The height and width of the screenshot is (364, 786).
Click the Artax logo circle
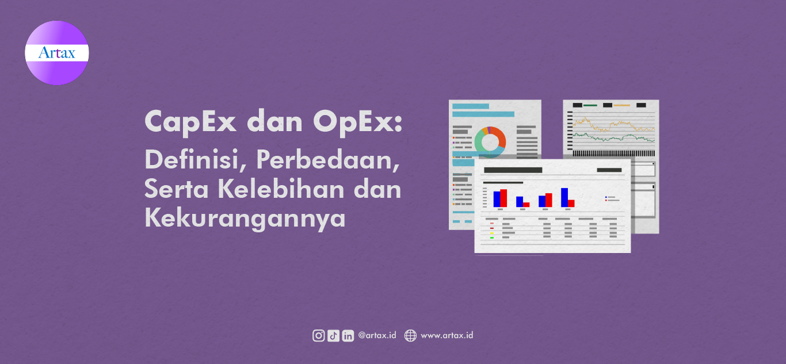[57, 53]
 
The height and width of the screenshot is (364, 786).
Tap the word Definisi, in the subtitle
[195, 159]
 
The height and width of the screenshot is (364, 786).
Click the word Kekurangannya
[245, 218]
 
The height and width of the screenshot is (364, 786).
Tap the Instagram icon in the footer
[318, 336]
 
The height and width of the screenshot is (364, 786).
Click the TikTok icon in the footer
[333, 336]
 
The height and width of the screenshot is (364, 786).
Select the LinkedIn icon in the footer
[348, 336]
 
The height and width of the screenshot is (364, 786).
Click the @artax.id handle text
[377, 335]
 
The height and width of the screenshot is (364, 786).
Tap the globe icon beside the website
[410, 336]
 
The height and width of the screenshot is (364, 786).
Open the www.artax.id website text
[447, 335]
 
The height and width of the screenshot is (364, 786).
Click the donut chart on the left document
[490, 140]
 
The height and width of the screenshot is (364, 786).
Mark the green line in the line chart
[610, 137]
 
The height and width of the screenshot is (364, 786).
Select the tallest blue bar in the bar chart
[564, 197]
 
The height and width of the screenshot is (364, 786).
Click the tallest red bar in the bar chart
[503, 198]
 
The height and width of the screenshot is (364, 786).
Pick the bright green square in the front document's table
[492, 237]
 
